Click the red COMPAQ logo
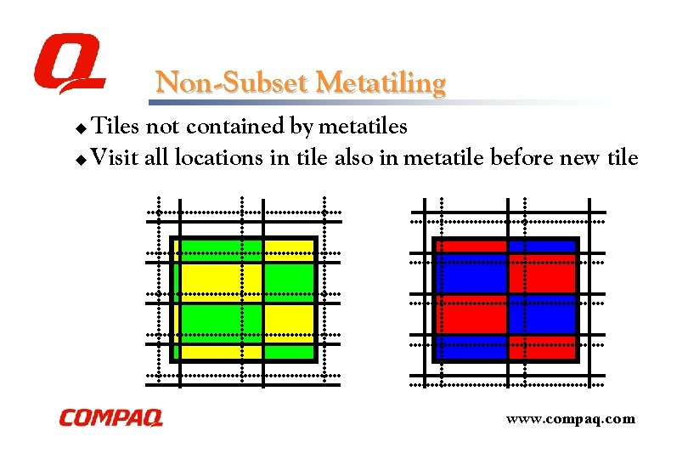tap(110, 418)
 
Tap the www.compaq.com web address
tap(570, 418)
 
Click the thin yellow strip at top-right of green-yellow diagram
tap(288, 246)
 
